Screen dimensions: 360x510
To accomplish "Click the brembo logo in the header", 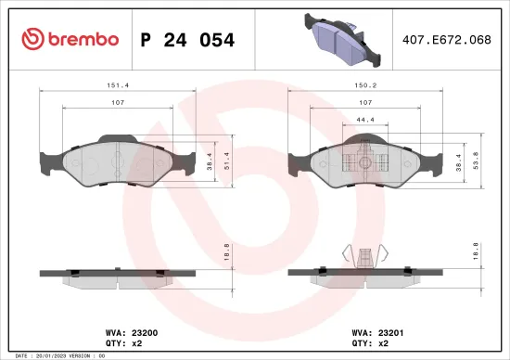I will coord(70,39).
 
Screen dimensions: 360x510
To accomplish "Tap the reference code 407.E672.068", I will coord(447,40).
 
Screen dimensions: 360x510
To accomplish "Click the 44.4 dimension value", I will coord(365,120).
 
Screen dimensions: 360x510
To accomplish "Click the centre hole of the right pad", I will coord(365,163).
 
